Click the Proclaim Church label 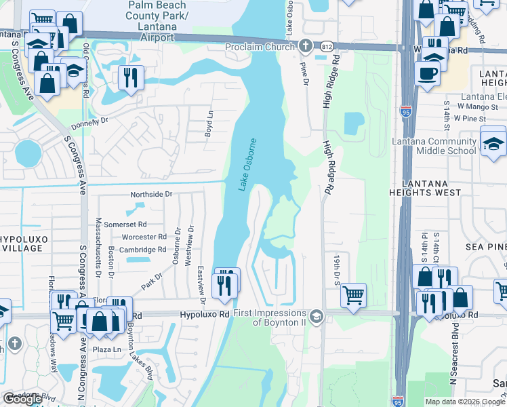point(259,47)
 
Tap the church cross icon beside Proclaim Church point(305,46)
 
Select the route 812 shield point(326,47)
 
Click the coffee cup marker point(427,73)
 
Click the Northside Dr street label point(152,194)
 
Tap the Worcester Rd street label point(144,237)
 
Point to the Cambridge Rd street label point(143,250)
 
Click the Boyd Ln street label point(209,124)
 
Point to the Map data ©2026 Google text point(465,402)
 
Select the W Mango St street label point(474,106)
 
